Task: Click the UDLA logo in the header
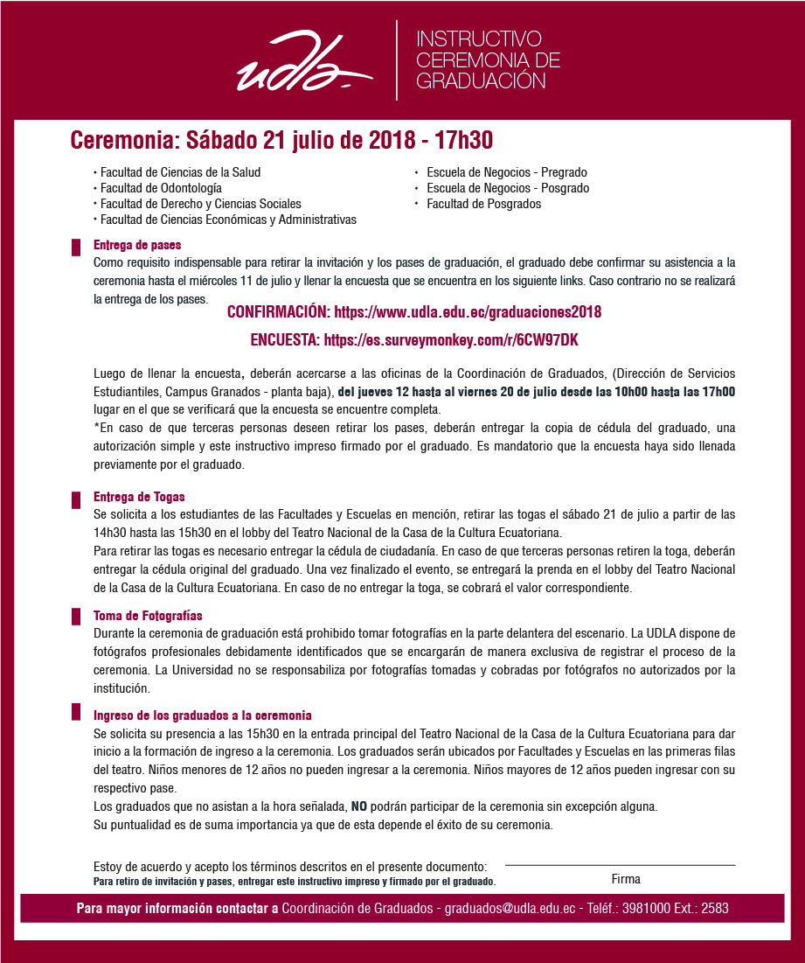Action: pyautogui.click(x=302, y=64)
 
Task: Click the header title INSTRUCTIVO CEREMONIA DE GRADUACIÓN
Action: pyautogui.click(x=488, y=60)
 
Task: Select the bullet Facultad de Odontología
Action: pyautogui.click(x=161, y=188)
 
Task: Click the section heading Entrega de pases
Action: pyautogui.click(x=137, y=245)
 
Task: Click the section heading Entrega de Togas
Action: pyautogui.click(x=139, y=497)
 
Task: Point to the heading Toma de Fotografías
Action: pyautogui.click(x=148, y=616)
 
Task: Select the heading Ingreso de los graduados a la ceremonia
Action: pyautogui.click(x=203, y=715)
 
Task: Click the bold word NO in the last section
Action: pyautogui.click(x=359, y=806)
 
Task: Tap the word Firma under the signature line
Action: pyautogui.click(x=626, y=879)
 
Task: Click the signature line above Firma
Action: pyautogui.click(x=620, y=865)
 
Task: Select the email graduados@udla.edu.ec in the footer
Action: pyautogui.click(x=510, y=909)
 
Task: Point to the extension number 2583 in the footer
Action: pyautogui.click(x=714, y=909)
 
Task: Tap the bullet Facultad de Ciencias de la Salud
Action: pyautogui.click(x=180, y=172)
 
